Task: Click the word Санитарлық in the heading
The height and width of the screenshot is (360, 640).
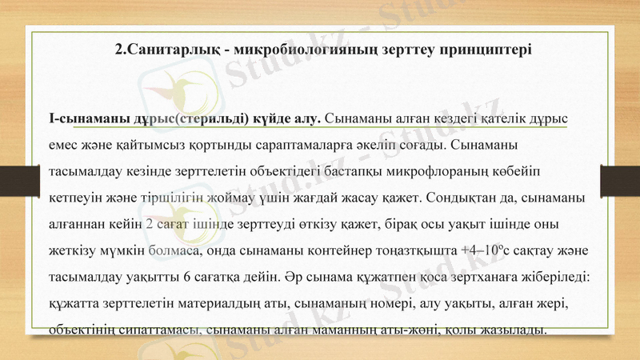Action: [170, 50]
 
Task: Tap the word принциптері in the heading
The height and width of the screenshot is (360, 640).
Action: [480, 50]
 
